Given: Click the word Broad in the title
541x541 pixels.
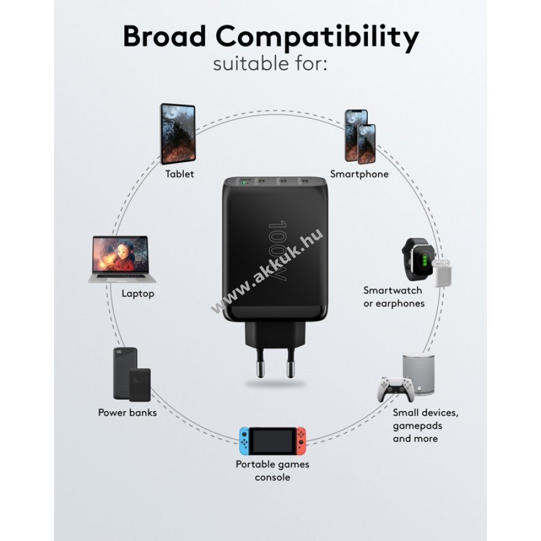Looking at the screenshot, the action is coord(164,36).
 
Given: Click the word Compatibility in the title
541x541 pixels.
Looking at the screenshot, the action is coord(317,38).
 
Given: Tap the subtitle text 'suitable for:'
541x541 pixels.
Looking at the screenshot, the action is coord(270,64).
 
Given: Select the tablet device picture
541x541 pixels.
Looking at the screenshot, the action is coord(178,133).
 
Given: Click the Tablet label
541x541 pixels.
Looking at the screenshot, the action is coord(179,174).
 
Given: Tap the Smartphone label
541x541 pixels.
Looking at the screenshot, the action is coord(359,174).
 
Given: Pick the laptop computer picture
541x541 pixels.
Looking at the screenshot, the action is coord(121,259).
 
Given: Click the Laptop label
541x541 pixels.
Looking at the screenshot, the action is coord(138,293).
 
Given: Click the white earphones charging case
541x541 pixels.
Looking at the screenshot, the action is coord(442,274).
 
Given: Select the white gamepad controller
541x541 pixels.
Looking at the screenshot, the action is coord(396,389).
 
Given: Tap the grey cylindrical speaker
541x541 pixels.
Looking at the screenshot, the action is coord(418,373).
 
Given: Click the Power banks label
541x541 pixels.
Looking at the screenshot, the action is coord(127,412).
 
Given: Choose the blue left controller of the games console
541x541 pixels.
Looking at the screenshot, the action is coord(244,441).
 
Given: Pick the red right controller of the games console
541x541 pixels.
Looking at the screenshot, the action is coord(301,441).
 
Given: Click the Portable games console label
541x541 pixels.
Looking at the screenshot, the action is coord(272,471).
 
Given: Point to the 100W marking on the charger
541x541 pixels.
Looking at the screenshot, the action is coord(278,251).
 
